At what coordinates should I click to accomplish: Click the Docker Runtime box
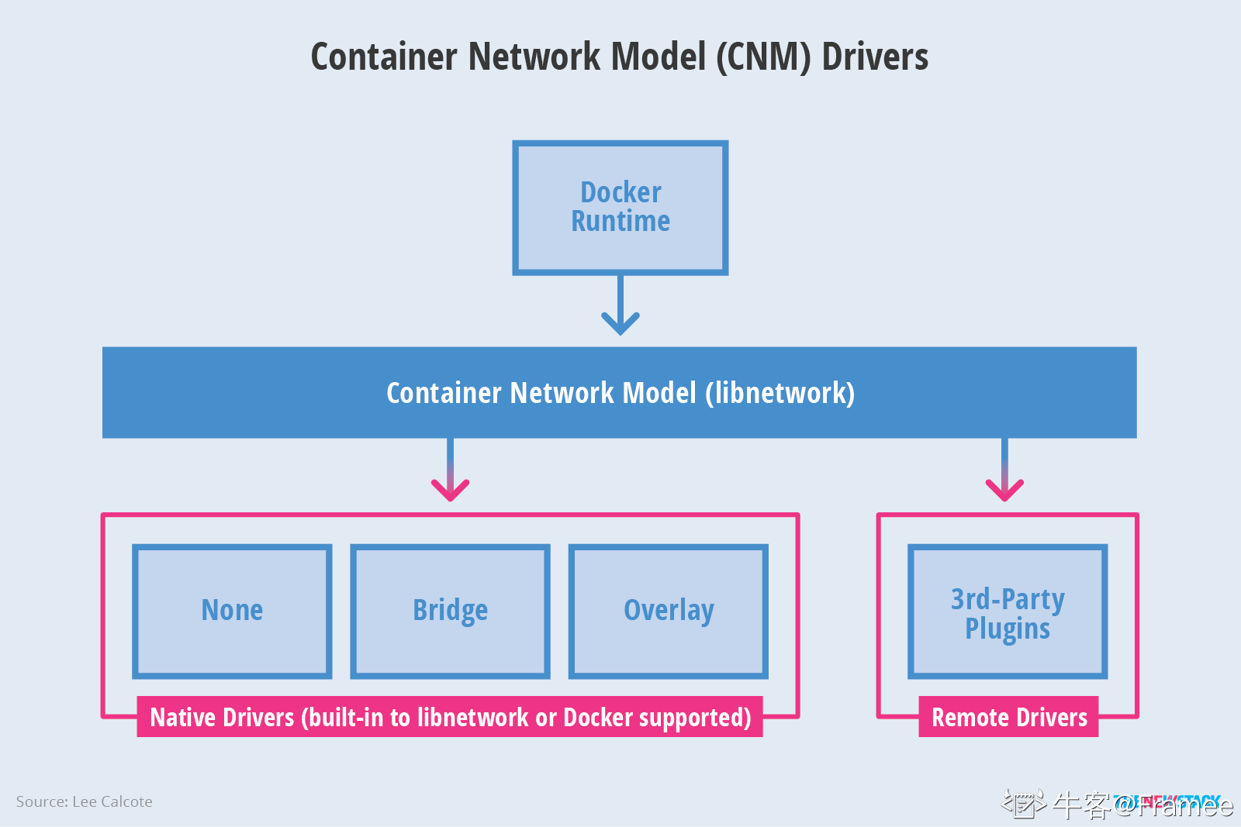620,207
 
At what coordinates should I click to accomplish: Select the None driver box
232,611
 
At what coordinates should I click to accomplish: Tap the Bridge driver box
450,611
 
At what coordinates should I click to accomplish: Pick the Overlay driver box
668,611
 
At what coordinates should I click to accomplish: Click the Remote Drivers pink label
1008,718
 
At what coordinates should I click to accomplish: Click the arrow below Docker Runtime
620,307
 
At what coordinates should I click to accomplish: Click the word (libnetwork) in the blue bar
780,393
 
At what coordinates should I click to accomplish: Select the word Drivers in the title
875,57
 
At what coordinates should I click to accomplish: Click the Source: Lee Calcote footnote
85,801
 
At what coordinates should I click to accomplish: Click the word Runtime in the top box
620,222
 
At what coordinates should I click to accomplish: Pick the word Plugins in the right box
1007,629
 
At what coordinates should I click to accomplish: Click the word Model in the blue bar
659,393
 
